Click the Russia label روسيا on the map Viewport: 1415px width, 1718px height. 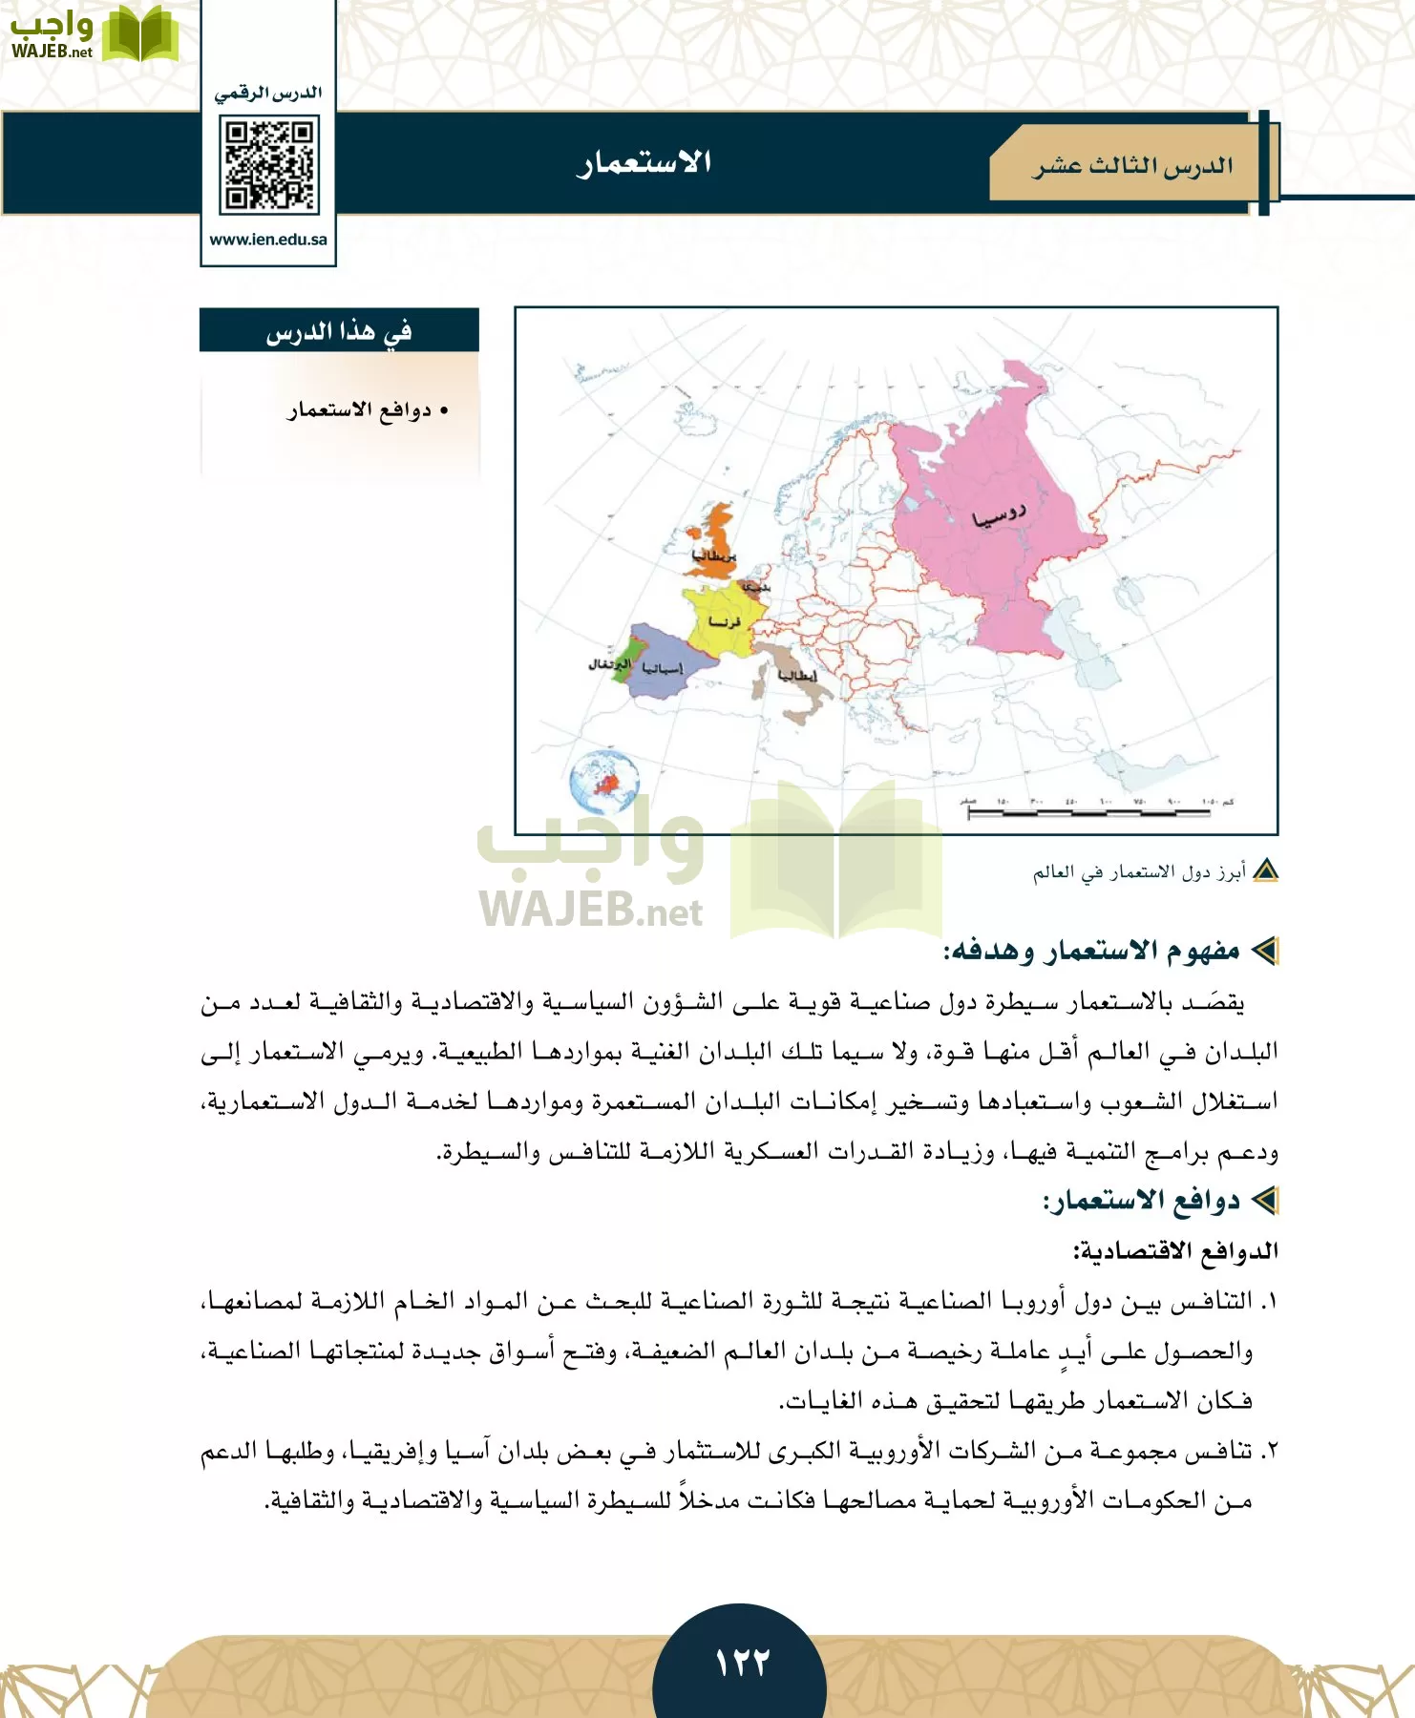tap(999, 516)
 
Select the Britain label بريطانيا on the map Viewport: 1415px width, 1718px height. tap(714, 555)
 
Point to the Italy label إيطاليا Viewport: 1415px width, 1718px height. tap(797, 676)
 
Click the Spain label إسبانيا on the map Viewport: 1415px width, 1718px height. tap(662, 668)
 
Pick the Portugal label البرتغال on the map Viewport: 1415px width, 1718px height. tap(609, 662)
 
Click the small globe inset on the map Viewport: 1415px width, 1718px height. tap(603, 782)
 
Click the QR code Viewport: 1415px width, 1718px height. tap(268, 164)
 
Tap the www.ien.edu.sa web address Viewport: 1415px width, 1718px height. tap(268, 240)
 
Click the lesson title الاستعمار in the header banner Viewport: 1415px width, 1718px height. tap(644, 162)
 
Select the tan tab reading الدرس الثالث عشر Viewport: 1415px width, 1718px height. tap(1132, 166)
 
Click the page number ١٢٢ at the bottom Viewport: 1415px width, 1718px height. tap(742, 1662)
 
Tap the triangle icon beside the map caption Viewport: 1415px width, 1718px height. tap(1265, 871)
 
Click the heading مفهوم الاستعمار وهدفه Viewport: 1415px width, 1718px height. tap(1091, 951)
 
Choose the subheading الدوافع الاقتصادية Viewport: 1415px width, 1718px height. tap(1175, 1250)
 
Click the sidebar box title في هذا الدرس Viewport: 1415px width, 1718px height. tap(339, 331)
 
